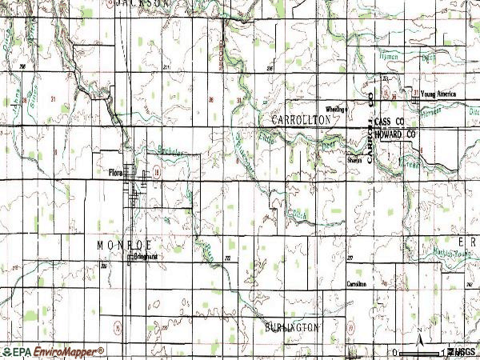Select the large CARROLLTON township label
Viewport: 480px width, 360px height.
point(301,118)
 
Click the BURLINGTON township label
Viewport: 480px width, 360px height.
point(291,327)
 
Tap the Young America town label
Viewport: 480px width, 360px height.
point(438,94)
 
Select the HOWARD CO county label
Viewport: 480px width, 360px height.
point(398,135)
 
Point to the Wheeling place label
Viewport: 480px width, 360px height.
point(334,108)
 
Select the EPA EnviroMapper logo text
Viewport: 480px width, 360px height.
point(54,351)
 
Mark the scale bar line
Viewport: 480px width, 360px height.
point(420,352)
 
